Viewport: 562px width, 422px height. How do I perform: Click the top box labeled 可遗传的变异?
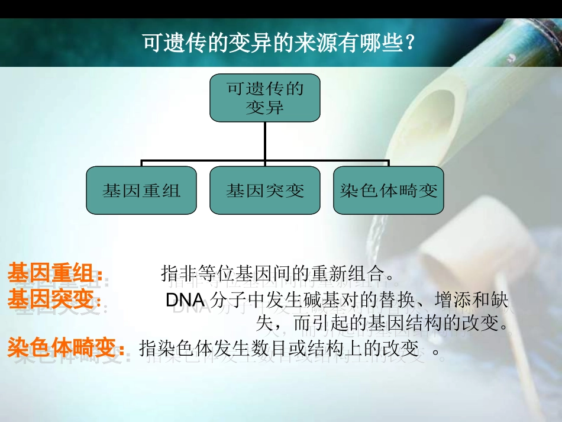(265, 99)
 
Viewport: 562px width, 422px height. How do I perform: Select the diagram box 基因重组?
(141, 191)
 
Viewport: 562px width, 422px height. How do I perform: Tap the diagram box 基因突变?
(265, 191)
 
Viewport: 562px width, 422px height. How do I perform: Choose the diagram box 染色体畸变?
(388, 191)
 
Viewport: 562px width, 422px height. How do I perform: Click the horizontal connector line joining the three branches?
(265, 161)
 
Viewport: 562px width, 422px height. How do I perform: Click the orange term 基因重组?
(55, 274)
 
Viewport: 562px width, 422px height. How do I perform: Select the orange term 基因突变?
(55, 300)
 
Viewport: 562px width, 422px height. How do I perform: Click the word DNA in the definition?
(185, 301)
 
